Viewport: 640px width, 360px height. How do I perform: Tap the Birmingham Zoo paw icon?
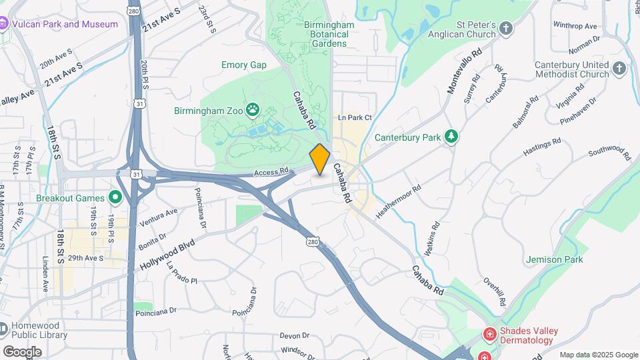click(x=253, y=109)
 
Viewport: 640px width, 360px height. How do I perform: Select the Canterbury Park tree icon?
click(x=451, y=137)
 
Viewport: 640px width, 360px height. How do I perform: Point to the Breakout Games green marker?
click(x=115, y=197)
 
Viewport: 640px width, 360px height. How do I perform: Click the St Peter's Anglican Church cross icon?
click(x=507, y=28)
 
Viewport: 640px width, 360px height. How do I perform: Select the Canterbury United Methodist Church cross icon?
click(x=620, y=69)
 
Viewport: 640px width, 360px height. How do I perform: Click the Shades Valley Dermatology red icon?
click(x=489, y=333)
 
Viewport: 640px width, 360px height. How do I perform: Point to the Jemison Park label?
click(x=554, y=259)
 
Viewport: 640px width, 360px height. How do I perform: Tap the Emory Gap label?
click(x=244, y=65)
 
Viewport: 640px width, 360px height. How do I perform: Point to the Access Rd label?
click(x=271, y=173)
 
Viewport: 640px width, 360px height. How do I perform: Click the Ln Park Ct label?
click(x=355, y=118)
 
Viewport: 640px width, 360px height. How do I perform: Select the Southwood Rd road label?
click(x=609, y=152)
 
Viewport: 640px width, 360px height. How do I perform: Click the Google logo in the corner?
click(x=22, y=352)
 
